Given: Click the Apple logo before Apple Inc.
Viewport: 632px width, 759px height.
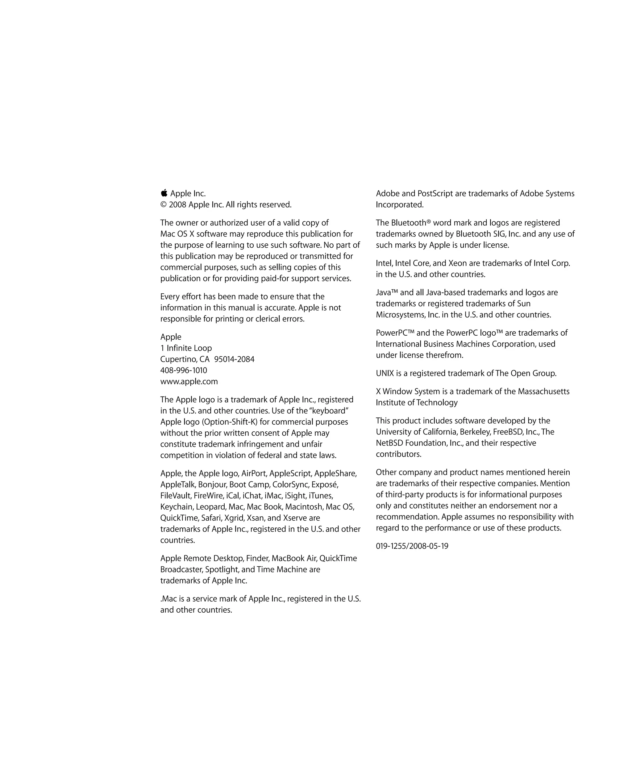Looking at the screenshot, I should (164, 193).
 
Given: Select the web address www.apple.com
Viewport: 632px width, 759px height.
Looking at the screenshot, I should (189, 382).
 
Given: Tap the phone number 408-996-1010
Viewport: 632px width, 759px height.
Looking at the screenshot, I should (184, 371).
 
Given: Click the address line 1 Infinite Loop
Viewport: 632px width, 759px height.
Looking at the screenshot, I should (186, 348).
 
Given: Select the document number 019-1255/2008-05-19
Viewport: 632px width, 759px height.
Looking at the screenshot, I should (412, 546).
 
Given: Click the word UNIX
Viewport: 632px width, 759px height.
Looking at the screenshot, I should (385, 373).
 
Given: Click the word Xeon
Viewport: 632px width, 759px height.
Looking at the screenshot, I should (457, 263).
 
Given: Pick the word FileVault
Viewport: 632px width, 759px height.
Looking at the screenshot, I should (176, 496).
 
